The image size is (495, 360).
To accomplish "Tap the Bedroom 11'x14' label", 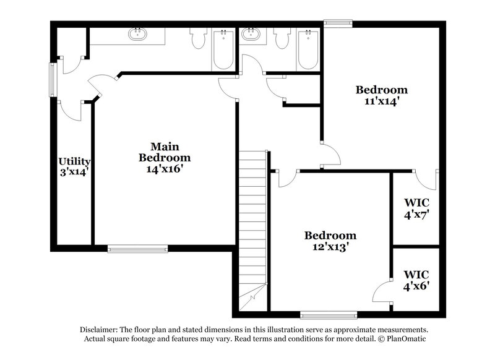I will (x=381, y=95).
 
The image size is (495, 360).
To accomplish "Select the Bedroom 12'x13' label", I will (x=330, y=241).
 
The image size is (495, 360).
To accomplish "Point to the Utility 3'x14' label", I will (x=74, y=167).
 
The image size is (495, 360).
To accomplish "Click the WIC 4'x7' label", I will (x=416, y=208).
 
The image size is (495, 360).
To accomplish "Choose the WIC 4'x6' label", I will (x=416, y=280).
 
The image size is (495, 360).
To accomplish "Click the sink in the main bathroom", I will (x=137, y=35).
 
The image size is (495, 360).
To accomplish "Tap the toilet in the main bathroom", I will (x=199, y=40).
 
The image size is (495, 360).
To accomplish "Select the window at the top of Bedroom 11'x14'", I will (x=338, y=24).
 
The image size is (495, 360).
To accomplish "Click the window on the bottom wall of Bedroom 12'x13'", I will (x=328, y=314).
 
